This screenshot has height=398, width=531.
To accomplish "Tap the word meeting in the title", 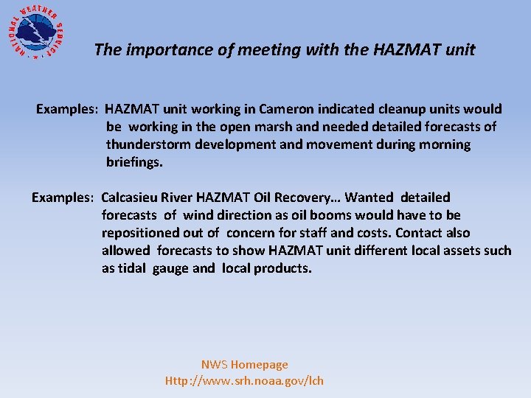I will point(249,50).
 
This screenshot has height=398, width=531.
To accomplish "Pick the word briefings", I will point(133,162).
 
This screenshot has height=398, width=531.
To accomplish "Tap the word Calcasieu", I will point(131,198).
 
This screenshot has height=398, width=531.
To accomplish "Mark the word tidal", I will point(133,268).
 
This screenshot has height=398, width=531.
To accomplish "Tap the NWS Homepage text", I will point(244,364).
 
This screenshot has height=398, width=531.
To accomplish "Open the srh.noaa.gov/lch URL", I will point(244,380).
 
